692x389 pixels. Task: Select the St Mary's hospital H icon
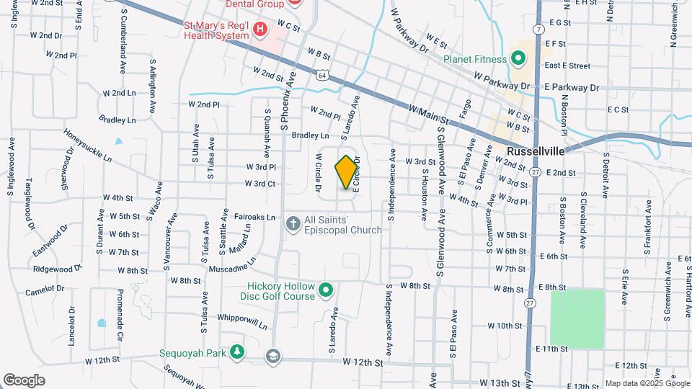click(260, 30)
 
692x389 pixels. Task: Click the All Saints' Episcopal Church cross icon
click(293, 223)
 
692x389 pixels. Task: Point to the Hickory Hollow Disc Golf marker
click(326, 290)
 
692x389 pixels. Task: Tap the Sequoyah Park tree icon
click(235, 352)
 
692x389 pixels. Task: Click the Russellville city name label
click(535, 152)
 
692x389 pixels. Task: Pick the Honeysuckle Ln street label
click(88, 146)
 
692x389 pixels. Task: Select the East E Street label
click(567, 66)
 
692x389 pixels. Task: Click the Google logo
click(24, 380)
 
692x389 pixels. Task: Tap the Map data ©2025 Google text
click(647, 384)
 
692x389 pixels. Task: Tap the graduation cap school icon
click(273, 356)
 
